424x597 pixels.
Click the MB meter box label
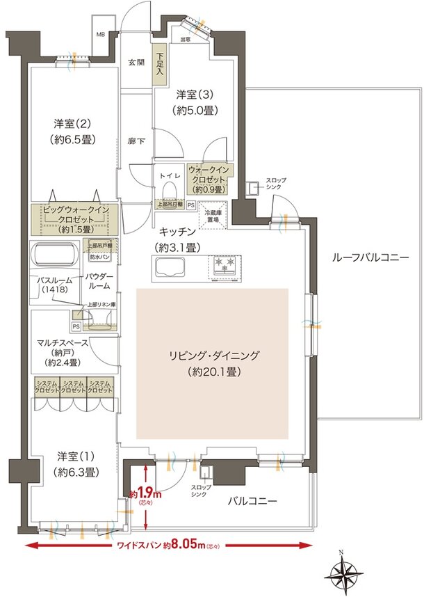click(x=100, y=33)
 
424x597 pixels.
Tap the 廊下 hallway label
click(x=135, y=140)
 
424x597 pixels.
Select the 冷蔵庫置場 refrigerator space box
click(x=211, y=216)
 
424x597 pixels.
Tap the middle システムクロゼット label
click(x=74, y=388)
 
